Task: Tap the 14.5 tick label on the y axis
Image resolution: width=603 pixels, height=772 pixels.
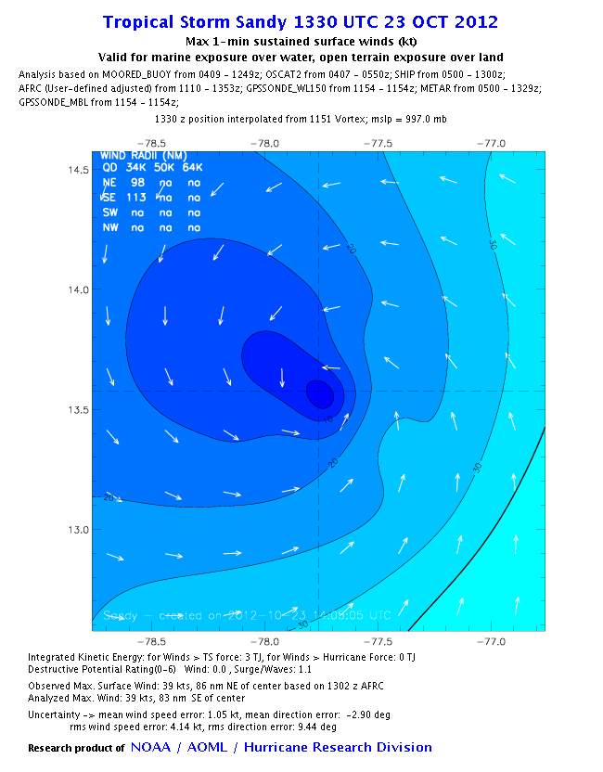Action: tap(77, 170)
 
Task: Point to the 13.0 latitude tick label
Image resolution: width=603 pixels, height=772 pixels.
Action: tap(77, 530)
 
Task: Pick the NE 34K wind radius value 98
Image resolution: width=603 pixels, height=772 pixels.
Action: tap(138, 183)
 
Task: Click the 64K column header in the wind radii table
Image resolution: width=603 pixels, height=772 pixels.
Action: tap(194, 168)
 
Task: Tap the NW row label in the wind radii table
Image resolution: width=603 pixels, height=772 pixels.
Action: tap(109, 226)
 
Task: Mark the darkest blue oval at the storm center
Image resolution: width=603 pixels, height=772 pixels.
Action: tap(319, 393)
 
